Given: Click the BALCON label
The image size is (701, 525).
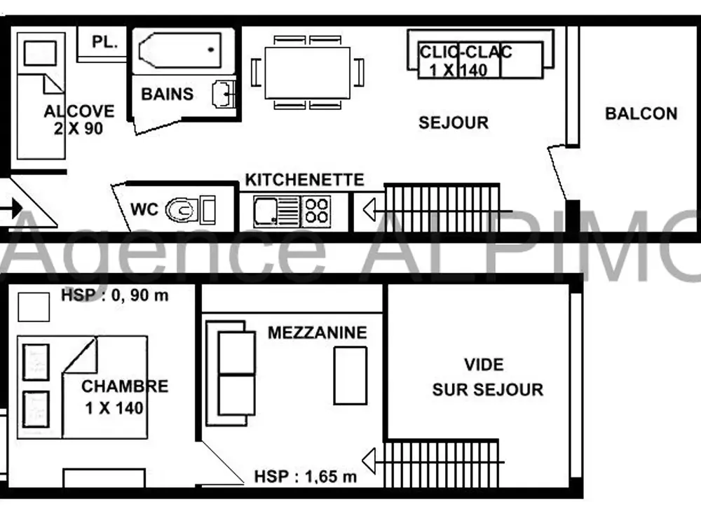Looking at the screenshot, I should point(641,113).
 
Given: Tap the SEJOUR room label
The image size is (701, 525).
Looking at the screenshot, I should point(454,122).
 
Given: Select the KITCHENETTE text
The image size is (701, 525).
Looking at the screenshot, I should point(304,180).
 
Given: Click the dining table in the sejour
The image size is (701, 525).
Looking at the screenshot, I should point(307,73).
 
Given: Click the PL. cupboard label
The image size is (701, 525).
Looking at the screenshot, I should point(104,42).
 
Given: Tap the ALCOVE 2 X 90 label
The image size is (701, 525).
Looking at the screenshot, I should point(79,120).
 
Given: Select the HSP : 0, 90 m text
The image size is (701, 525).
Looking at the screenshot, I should point(115,295).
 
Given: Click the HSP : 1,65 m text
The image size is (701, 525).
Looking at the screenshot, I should point(306,477).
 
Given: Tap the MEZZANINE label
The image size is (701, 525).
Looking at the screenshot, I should point(317,332).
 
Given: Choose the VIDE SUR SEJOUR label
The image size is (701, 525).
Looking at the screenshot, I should point(487,377).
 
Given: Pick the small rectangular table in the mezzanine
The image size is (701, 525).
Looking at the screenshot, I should point(350,376).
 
